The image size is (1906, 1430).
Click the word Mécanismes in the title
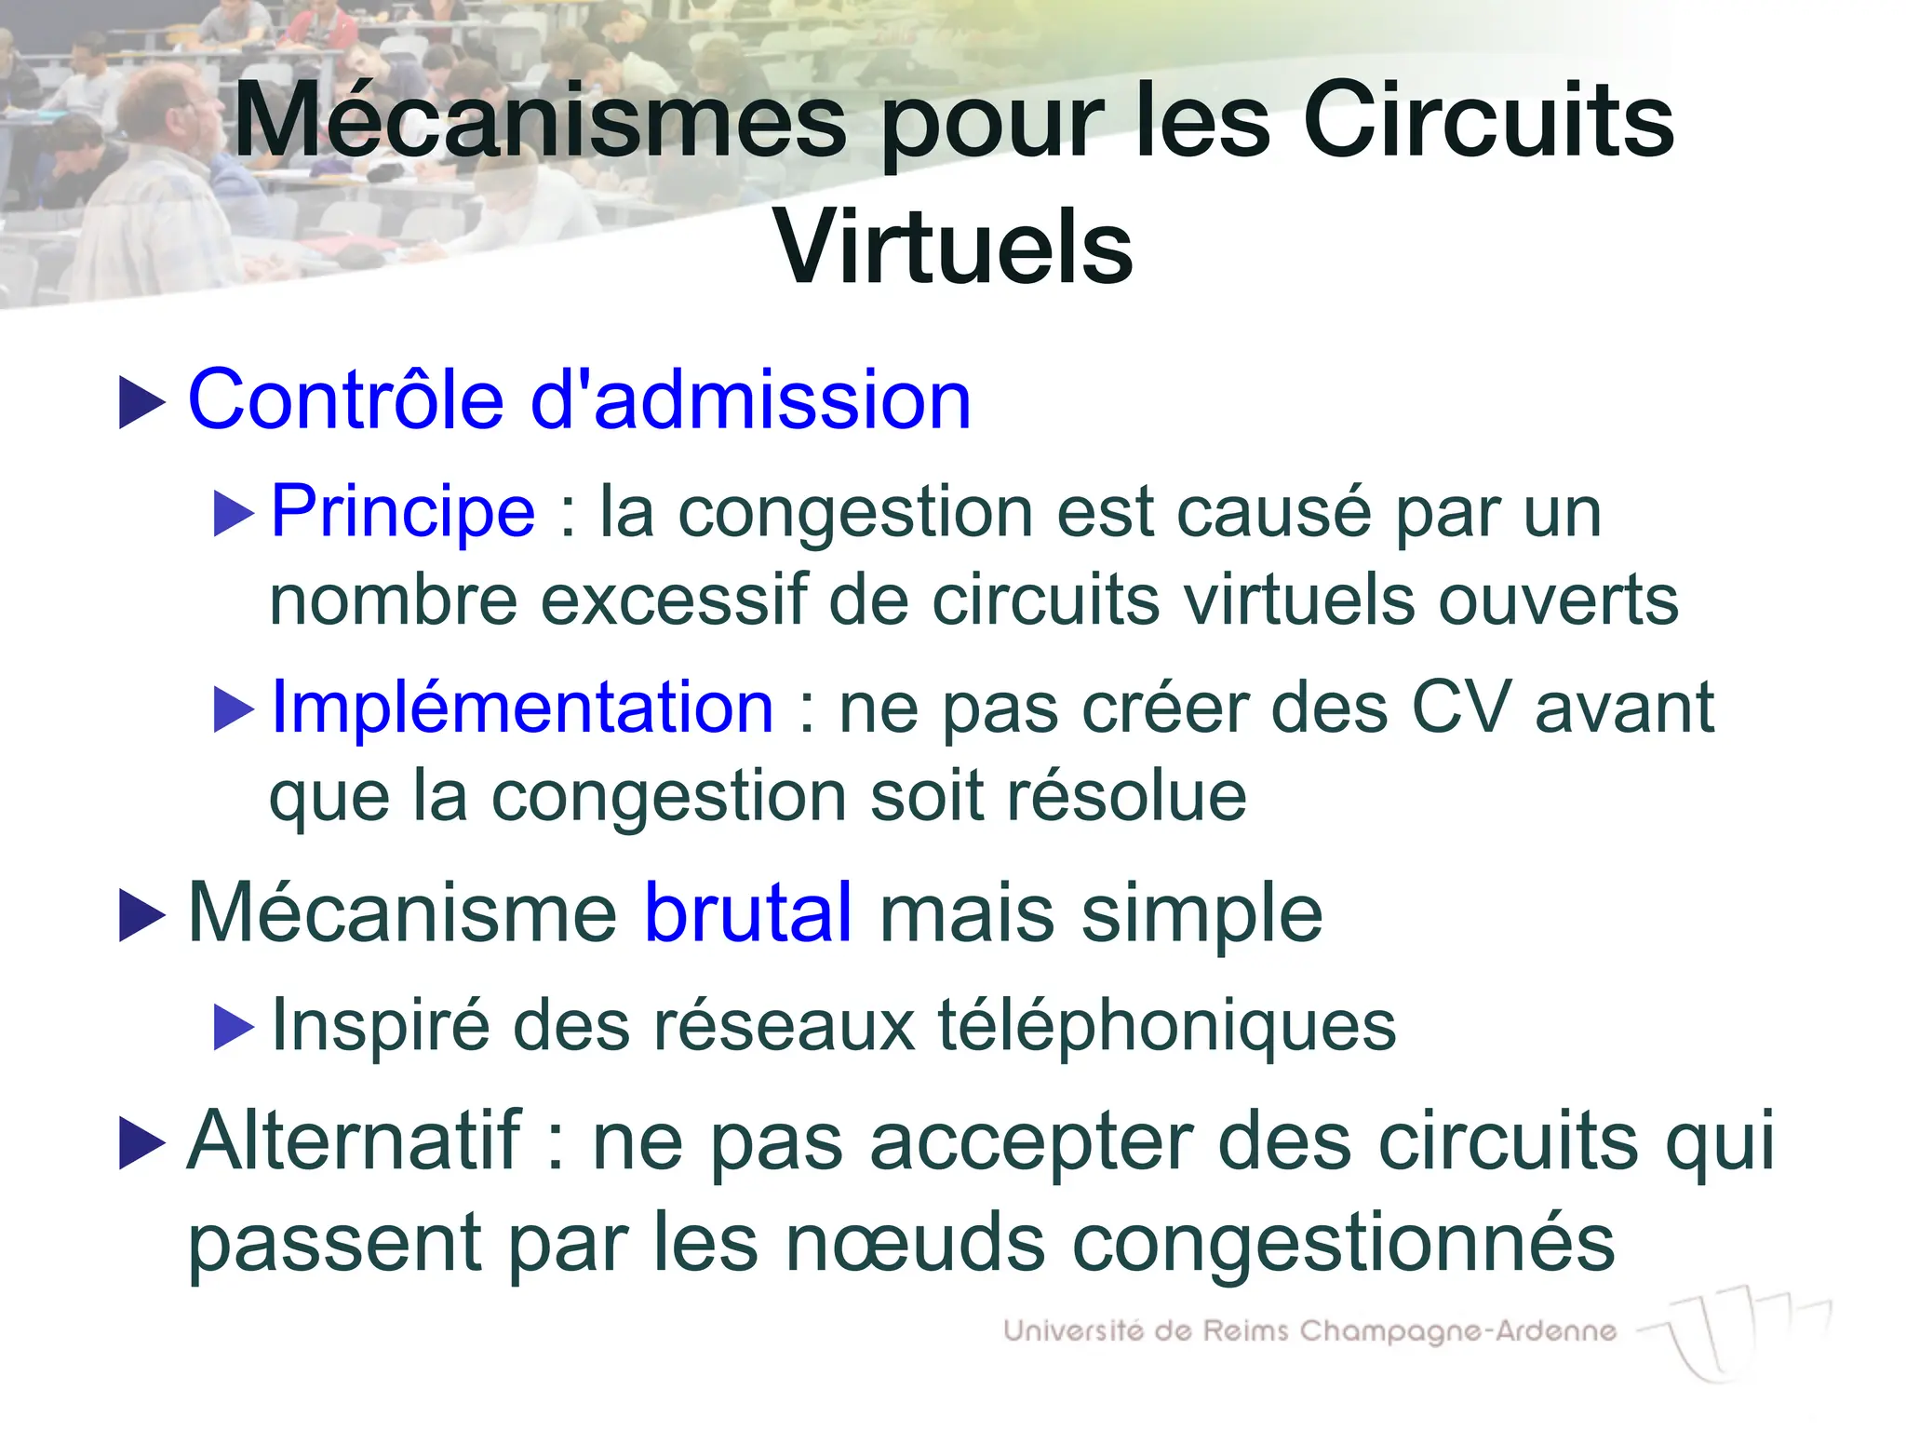(541, 122)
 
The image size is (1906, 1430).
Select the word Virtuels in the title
(953, 248)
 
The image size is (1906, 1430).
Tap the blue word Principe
(403, 511)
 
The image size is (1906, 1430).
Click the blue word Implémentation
(522, 708)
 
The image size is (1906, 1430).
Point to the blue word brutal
(748, 912)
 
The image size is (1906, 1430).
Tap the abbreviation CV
(1459, 708)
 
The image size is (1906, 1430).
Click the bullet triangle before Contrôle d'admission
(141, 402)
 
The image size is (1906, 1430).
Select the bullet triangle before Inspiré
(233, 1027)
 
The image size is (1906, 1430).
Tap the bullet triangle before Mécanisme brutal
(141, 915)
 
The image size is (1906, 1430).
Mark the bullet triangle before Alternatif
(141, 1142)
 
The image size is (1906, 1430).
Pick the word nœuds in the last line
(916, 1243)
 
